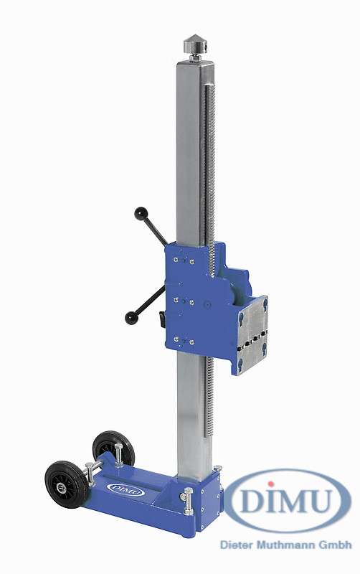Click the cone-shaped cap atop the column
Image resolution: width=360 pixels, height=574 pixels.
[195, 44]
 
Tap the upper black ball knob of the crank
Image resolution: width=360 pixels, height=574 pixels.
[141, 214]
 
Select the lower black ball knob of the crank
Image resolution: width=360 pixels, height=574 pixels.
[131, 318]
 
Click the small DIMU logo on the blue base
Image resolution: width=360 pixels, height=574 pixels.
[126, 489]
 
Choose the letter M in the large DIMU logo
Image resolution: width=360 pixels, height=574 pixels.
[290, 500]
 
